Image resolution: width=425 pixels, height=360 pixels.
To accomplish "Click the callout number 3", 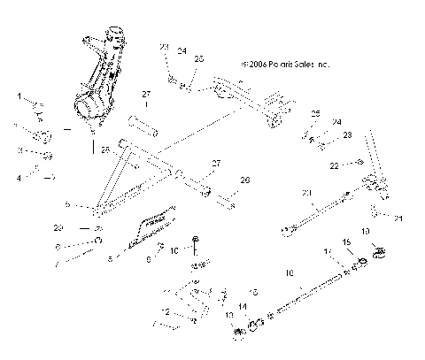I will (19, 150).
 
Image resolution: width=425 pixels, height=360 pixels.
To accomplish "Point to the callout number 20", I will (307, 193).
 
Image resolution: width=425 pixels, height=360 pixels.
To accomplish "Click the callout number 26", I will (245, 180).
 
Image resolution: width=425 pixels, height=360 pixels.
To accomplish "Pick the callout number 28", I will (104, 148).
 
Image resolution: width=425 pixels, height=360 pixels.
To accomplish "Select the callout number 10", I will (174, 250).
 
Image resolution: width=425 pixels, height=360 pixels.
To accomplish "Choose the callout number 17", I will (328, 252).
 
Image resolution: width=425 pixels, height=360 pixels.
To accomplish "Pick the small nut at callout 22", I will (359, 163).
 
